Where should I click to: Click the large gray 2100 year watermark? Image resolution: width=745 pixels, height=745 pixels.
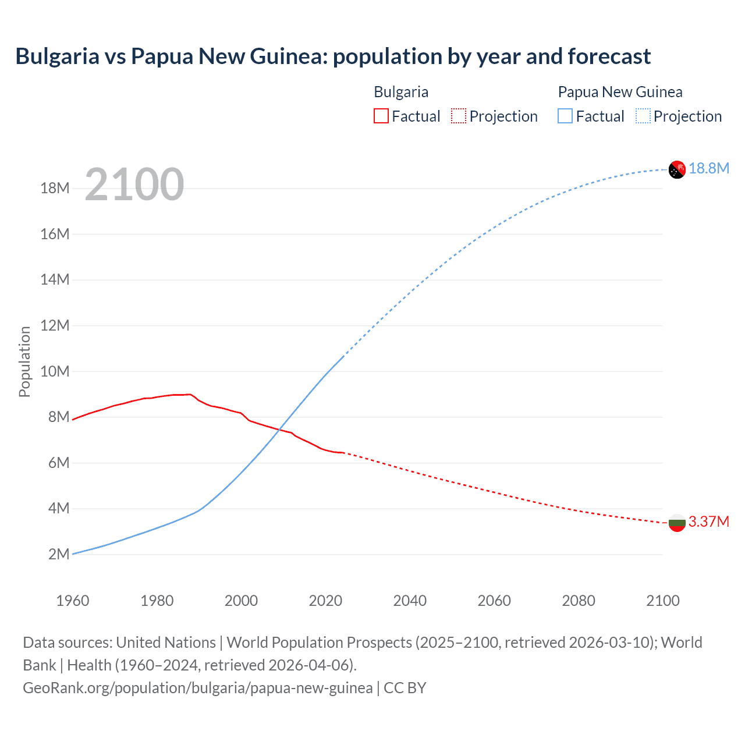coord(134,185)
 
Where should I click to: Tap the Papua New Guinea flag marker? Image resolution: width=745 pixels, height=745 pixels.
coord(677,169)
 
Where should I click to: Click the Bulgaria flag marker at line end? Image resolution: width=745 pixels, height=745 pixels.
coord(677,523)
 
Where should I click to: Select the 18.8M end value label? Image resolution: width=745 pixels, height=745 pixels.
coord(709,169)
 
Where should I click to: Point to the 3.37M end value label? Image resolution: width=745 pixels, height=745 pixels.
coord(709,521)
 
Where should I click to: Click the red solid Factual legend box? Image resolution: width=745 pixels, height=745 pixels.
coord(381,116)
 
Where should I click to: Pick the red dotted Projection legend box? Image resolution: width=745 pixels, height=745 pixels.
coord(459,116)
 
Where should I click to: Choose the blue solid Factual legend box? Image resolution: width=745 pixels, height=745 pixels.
coord(565,116)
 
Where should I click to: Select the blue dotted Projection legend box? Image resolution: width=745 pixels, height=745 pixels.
coord(643,116)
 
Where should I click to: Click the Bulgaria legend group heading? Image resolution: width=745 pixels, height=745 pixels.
coord(401,92)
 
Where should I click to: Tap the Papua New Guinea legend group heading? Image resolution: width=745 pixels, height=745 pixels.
coord(620,92)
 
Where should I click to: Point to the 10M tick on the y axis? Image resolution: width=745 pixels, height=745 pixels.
coord(55,371)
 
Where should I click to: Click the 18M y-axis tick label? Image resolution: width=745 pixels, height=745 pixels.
coord(55,188)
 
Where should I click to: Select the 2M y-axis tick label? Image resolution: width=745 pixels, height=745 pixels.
coord(59,554)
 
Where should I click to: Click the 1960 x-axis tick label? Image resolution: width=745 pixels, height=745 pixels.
coord(73,601)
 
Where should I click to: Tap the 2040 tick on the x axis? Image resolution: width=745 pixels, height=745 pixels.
coord(410,601)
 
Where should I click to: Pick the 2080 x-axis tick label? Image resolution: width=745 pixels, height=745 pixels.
coord(579,601)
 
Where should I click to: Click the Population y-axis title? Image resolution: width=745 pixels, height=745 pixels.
coord(24,361)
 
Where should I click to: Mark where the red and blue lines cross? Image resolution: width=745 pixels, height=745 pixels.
coord(280,430)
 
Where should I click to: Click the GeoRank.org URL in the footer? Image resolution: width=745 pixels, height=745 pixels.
coord(198,688)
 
